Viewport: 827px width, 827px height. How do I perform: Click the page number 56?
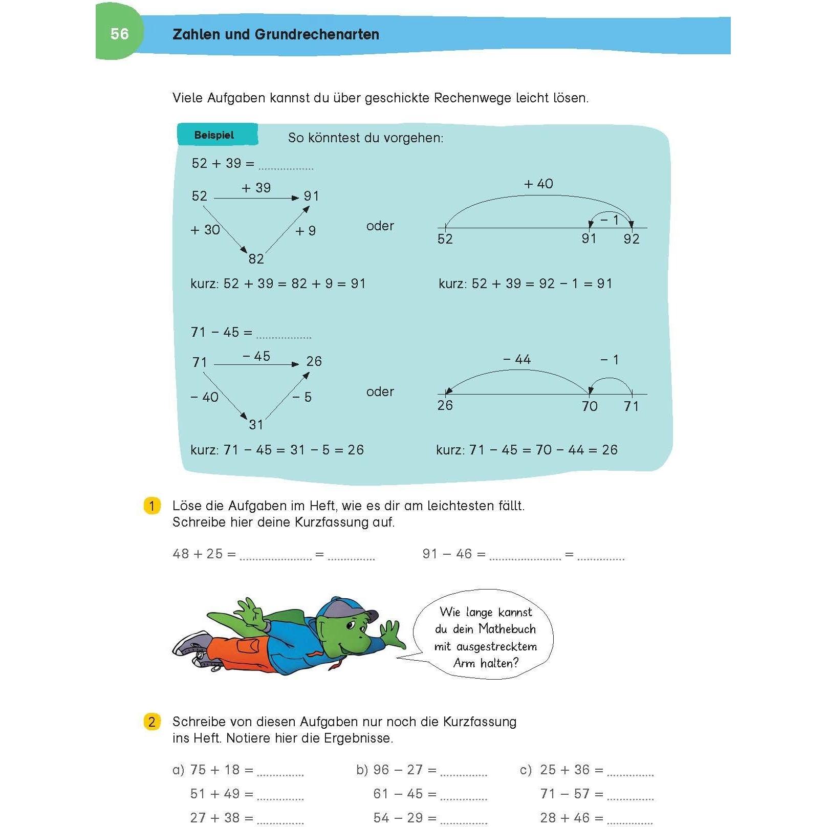click(119, 34)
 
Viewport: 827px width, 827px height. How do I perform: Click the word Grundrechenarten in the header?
click(317, 34)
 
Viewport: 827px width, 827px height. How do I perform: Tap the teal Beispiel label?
click(214, 135)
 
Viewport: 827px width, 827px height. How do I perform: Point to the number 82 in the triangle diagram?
click(256, 259)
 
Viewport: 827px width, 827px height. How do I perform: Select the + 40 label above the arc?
click(538, 184)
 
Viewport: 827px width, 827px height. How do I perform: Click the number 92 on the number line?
click(631, 239)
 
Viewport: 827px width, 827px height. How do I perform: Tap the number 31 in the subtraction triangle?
click(256, 425)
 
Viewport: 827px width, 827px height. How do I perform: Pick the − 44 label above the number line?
click(517, 360)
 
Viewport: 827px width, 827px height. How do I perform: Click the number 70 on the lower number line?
click(590, 406)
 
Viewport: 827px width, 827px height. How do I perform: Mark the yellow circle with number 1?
click(151, 506)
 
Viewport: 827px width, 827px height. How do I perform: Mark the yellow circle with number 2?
click(151, 722)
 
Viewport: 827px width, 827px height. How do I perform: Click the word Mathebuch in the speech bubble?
click(507, 629)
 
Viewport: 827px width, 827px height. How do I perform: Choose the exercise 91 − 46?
click(447, 554)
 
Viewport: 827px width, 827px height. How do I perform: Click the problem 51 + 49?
click(215, 794)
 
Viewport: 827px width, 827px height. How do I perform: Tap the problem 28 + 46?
click(565, 818)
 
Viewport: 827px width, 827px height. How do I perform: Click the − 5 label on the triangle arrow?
click(302, 397)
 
